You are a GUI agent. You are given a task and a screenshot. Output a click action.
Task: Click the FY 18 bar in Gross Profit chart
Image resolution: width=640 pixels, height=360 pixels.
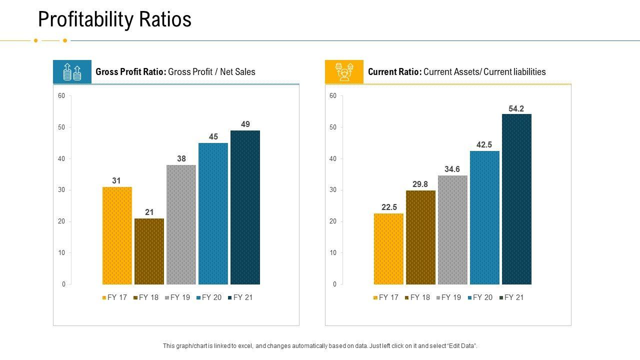149,251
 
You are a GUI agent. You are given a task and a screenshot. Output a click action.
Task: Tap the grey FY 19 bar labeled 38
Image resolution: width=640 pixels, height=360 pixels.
181,224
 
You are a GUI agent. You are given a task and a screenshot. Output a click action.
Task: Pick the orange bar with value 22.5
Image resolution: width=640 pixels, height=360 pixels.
388,248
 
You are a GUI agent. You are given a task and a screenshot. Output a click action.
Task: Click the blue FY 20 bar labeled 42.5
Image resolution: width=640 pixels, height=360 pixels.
484,217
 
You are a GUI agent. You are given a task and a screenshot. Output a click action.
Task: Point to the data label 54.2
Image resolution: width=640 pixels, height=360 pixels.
516,108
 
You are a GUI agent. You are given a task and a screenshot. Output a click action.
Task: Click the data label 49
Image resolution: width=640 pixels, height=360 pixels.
245,124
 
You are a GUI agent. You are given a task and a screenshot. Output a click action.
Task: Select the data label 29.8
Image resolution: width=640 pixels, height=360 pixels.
420,184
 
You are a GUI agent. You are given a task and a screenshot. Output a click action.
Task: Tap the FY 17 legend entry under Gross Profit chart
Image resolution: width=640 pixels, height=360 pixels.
114,297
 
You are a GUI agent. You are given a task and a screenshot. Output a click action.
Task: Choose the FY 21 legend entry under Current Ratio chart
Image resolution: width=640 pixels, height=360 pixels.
511,297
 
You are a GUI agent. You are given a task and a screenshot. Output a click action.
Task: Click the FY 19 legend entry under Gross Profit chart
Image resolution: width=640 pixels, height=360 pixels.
177,297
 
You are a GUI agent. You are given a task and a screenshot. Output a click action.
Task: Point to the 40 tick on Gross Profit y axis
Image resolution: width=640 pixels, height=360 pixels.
61,158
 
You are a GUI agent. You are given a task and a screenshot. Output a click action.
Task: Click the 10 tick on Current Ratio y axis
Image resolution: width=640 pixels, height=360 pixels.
333,252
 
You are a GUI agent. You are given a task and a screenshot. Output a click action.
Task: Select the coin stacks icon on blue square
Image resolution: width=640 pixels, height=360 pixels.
72,72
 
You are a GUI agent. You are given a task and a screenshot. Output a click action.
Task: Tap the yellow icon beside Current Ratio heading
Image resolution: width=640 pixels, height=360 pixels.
344,72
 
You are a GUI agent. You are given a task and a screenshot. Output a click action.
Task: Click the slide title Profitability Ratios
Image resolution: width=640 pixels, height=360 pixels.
114,19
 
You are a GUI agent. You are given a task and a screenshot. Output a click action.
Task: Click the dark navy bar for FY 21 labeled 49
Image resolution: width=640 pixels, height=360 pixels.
245,207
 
